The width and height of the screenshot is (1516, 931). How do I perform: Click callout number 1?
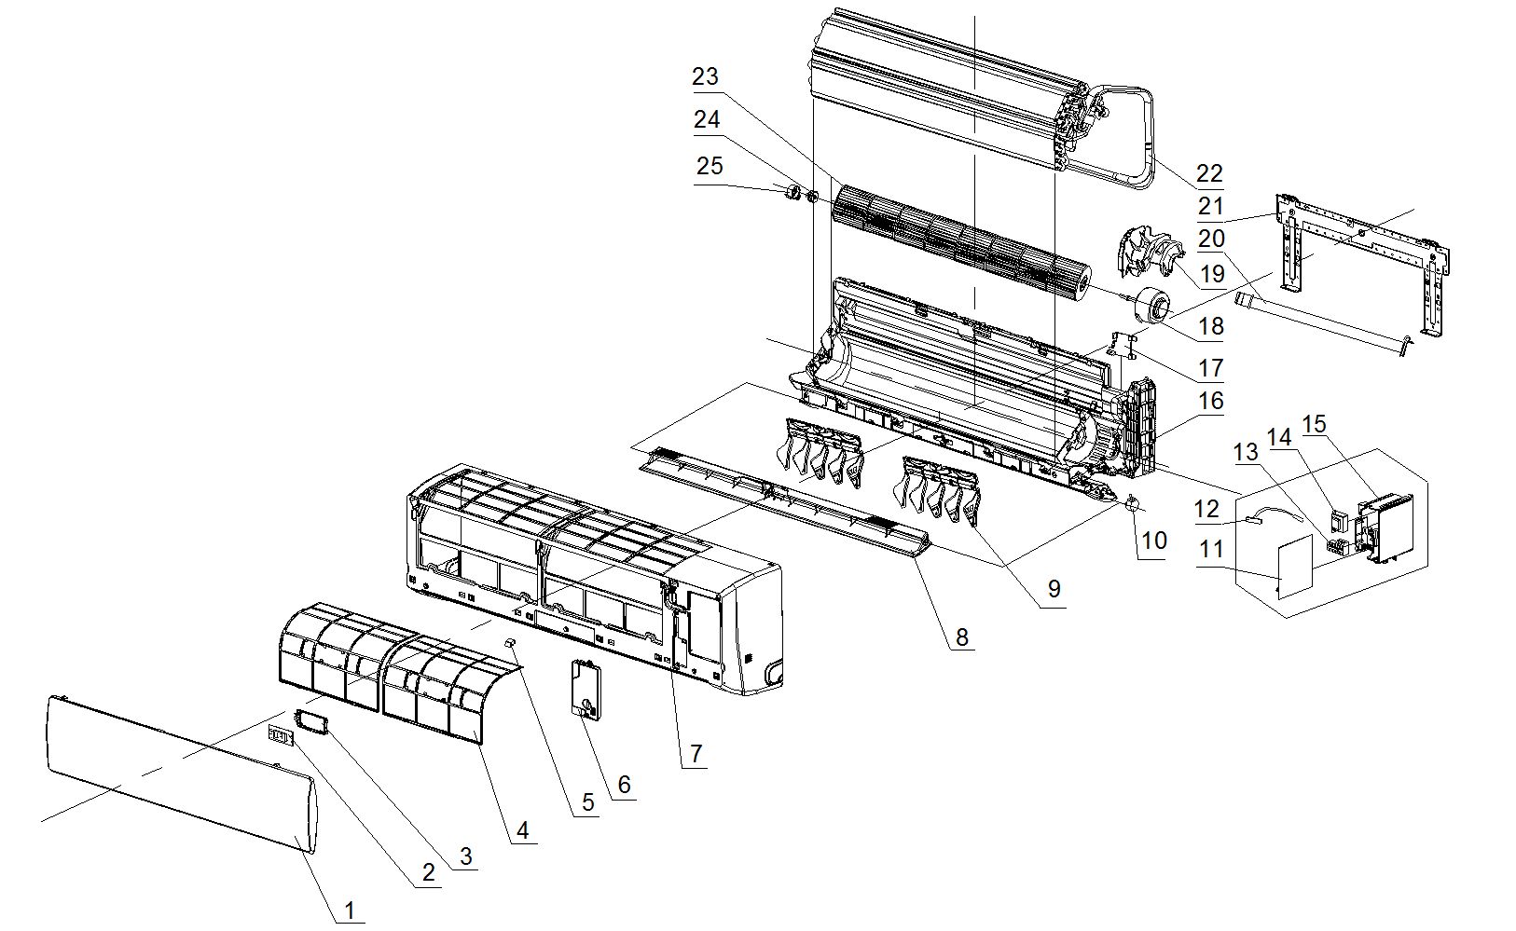(350, 910)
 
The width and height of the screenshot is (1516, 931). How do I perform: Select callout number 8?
(961, 637)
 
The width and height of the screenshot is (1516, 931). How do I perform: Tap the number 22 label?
(1209, 173)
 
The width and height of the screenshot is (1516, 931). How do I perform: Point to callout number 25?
(710, 165)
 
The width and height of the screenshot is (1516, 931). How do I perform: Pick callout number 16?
(1211, 401)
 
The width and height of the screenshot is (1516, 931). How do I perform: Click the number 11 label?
(1211, 550)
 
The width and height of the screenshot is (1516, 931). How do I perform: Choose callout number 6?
(624, 785)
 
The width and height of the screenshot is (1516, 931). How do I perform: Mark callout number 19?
(1212, 274)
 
